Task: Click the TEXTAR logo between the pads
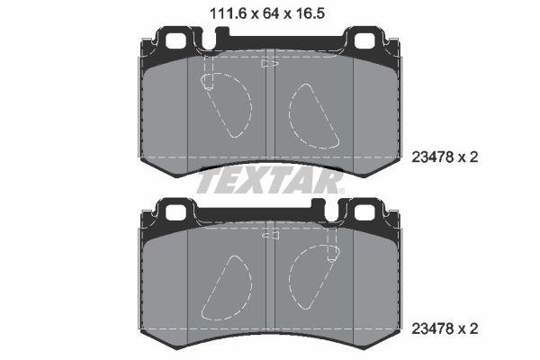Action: [270, 182]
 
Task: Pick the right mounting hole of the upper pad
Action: [367, 40]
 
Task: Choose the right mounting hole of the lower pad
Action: [367, 211]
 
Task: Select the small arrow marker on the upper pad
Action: [266, 64]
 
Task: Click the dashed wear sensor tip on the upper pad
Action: [208, 83]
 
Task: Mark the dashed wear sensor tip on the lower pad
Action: [332, 254]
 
